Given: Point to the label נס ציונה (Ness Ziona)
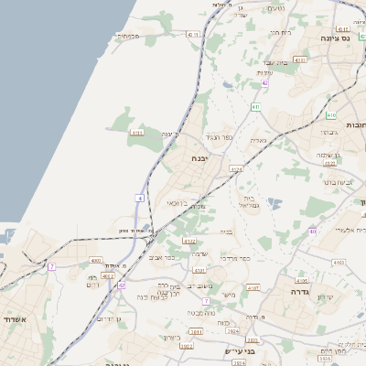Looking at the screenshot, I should pos(337,39).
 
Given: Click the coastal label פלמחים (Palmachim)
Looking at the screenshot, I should pos(128,37).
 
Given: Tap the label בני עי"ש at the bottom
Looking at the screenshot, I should pos(238,350).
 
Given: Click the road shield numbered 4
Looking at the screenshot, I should pos(140,198).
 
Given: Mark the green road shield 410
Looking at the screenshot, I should pos(330,115).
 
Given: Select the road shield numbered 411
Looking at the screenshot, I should pos(255,107).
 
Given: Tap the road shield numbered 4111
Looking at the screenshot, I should pos(138,133).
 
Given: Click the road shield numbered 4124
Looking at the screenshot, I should pos(236,169).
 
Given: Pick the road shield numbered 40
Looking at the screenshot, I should pos(312,231).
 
